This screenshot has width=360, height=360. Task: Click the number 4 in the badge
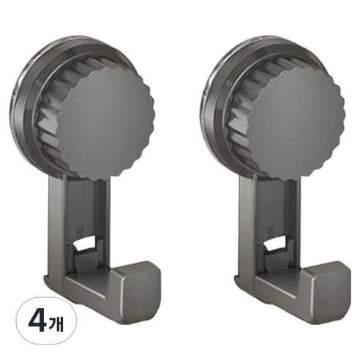(x=37, y=322)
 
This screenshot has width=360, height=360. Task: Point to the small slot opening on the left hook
(x=84, y=244)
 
